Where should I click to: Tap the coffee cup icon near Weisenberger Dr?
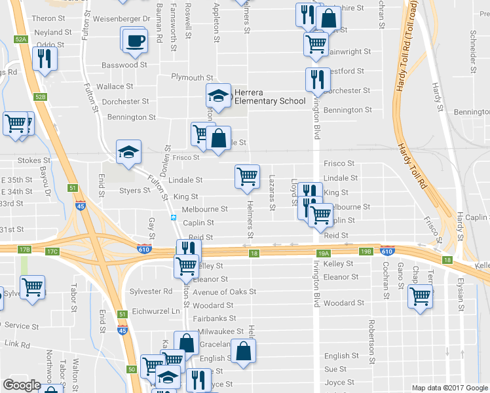136,40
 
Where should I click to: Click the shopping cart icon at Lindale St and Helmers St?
247,176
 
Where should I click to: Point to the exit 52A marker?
21,40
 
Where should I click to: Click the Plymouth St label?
192,77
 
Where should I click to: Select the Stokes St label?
34,160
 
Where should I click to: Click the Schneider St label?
472,49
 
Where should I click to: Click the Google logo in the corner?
22,385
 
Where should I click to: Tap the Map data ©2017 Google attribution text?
449,388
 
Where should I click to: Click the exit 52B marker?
41,97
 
